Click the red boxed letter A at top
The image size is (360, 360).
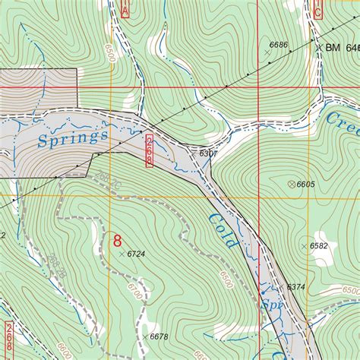tap(125, 8)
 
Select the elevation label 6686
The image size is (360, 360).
tap(278, 46)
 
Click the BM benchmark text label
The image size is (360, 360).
tap(333, 48)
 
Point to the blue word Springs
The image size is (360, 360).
tap(72, 137)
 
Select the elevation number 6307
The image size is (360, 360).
tap(208, 153)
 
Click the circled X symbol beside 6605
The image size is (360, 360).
tap(291, 184)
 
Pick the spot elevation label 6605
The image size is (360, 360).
tap(305, 184)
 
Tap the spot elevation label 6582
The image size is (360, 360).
tap(318, 245)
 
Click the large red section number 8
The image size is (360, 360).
tap(117, 241)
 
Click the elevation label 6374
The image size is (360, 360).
tap(295, 286)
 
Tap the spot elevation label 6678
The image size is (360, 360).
tap(159, 336)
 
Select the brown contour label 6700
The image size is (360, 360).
tap(134, 292)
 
